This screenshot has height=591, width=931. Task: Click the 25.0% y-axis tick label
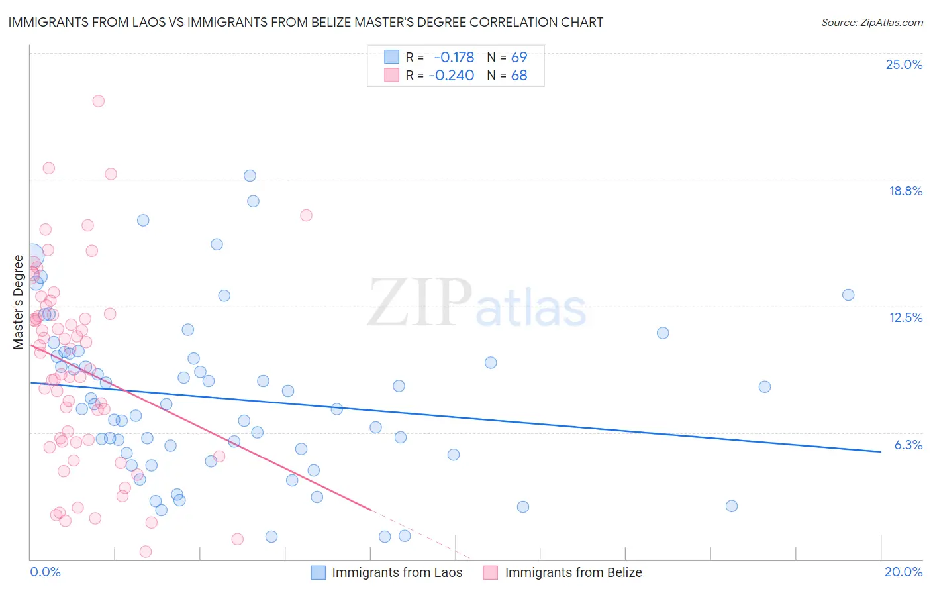pyautogui.click(x=904, y=64)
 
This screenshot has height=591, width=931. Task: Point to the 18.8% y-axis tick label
pyautogui.click(x=905, y=191)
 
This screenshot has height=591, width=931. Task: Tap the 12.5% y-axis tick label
pyautogui.click(x=905, y=317)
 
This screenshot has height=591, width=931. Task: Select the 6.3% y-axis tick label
pyautogui.click(x=908, y=445)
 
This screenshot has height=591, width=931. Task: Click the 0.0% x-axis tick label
pyautogui.click(x=45, y=572)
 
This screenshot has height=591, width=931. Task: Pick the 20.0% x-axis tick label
pyautogui.click(x=903, y=572)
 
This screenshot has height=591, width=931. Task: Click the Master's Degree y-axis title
pyautogui.click(x=18, y=302)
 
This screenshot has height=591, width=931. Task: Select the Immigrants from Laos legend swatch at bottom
pyautogui.click(x=318, y=572)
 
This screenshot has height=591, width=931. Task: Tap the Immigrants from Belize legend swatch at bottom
pyautogui.click(x=490, y=572)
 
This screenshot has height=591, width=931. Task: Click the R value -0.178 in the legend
pyautogui.click(x=454, y=57)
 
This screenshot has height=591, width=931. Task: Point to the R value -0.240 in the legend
pyautogui.click(x=451, y=76)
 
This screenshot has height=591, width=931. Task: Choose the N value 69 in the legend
pyautogui.click(x=519, y=57)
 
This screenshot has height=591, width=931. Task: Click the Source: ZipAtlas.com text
pyautogui.click(x=871, y=22)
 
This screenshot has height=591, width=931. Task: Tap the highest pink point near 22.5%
pyautogui.click(x=98, y=101)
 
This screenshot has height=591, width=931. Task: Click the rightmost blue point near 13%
pyautogui.click(x=848, y=295)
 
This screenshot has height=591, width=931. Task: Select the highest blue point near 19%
pyautogui.click(x=250, y=176)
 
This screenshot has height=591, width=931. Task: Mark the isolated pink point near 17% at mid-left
pyautogui.click(x=306, y=215)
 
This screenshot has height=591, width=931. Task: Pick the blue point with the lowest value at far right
pyautogui.click(x=732, y=506)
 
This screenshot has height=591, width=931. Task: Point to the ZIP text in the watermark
pyautogui.click(x=420, y=302)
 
